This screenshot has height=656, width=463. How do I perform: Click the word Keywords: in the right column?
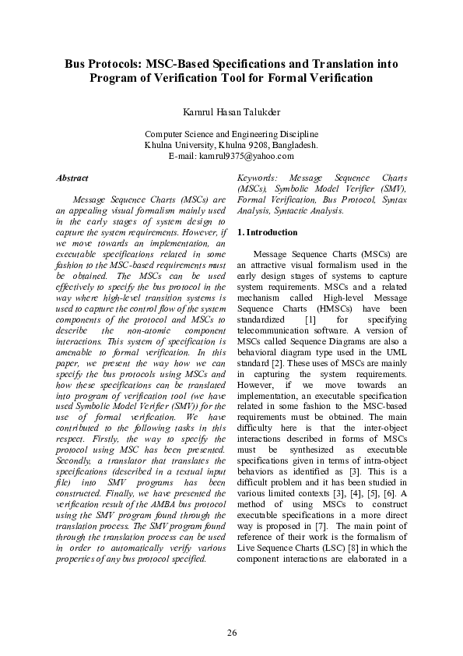click(x=257, y=178)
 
